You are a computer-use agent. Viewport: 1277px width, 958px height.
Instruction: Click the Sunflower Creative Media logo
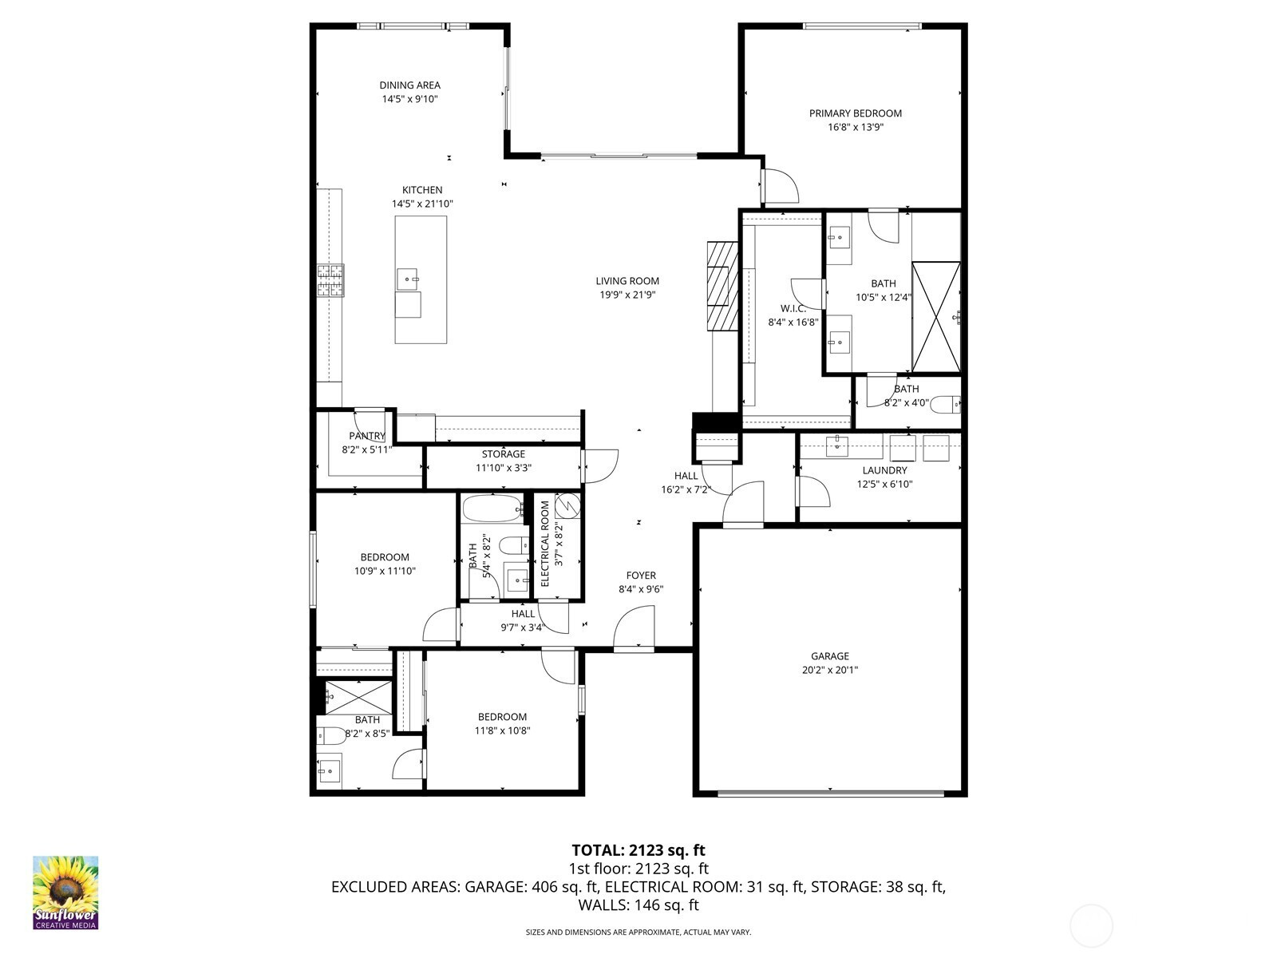click(x=65, y=893)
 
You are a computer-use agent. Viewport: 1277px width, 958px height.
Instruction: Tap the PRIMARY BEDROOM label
click(x=856, y=113)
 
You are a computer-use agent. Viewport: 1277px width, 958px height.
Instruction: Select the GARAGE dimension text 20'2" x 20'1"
click(x=829, y=670)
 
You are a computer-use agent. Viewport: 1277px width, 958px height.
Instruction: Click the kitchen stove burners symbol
click(x=330, y=281)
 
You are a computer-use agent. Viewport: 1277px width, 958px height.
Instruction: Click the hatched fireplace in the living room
click(x=722, y=286)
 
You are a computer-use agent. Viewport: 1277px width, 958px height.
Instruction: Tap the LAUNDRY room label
click(x=884, y=470)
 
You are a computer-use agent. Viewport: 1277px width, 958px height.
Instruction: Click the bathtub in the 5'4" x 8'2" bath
click(x=494, y=509)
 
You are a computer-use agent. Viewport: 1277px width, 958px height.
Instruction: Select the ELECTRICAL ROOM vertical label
click(x=545, y=544)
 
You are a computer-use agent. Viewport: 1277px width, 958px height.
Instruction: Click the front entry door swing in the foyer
click(x=635, y=627)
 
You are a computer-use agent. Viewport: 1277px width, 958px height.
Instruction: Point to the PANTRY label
click(x=367, y=436)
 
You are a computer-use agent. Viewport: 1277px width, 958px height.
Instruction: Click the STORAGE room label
click(x=504, y=453)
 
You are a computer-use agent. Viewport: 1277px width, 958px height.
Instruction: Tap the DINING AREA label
click(x=409, y=85)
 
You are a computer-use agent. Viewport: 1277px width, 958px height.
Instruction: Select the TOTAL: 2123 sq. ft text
click(x=638, y=850)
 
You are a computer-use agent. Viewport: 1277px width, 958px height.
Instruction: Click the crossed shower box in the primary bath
click(x=935, y=317)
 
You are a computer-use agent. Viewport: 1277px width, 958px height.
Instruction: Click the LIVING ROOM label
click(x=627, y=281)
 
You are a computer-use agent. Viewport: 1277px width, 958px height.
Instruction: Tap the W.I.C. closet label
click(x=793, y=308)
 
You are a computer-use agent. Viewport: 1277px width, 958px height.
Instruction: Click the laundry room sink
click(x=837, y=446)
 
